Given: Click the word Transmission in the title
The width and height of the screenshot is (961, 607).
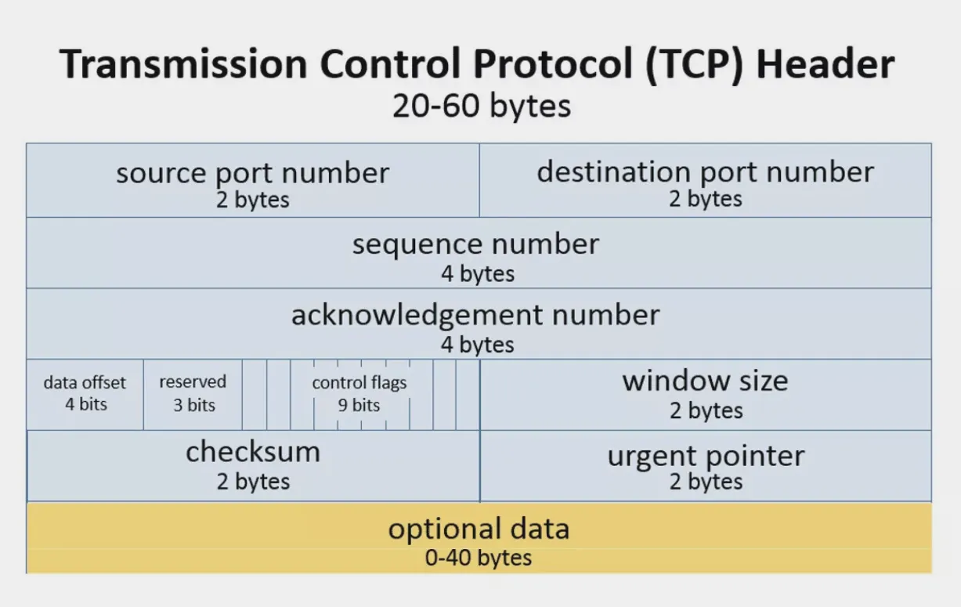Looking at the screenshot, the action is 183,64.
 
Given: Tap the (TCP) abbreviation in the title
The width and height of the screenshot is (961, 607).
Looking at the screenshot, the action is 694,64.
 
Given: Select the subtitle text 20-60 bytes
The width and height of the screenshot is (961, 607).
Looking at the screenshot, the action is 482,106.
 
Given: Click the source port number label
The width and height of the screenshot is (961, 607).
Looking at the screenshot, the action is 253,174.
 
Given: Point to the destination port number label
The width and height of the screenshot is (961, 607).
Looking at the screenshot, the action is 706,172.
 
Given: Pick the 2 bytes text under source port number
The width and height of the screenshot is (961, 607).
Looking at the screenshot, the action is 253,200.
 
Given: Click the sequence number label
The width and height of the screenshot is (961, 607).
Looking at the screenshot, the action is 475,244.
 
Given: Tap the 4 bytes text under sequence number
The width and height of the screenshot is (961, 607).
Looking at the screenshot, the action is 478,273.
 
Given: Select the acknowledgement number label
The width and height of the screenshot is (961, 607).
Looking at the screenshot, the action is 475,316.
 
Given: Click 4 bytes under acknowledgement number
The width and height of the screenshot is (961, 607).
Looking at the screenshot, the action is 477,345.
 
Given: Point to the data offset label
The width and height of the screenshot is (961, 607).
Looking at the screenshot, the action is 85,383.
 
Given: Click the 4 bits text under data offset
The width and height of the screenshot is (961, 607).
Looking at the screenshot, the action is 86,404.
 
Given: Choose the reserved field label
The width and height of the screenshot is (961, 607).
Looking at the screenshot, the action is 193,381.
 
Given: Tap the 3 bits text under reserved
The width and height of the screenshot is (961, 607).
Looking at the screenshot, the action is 194,405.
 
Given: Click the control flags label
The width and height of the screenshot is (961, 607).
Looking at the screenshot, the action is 359,383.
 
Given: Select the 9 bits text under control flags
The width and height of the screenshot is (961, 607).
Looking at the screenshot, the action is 359,405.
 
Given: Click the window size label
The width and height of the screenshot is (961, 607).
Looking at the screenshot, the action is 706,381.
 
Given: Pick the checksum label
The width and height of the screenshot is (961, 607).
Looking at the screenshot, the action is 253,452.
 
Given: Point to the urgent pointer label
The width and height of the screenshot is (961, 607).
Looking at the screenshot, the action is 706,457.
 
